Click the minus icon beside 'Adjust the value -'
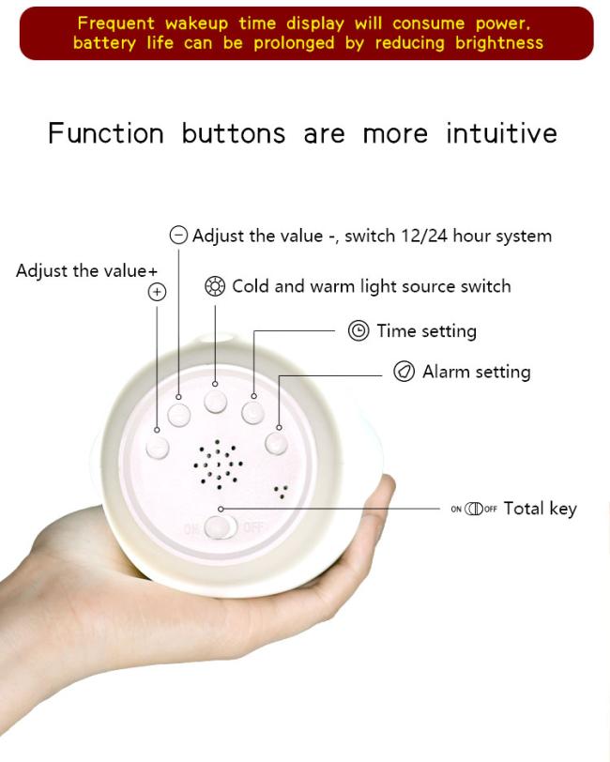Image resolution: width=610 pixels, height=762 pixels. tap(178, 236)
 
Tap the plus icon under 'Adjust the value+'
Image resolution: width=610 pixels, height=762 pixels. tap(157, 292)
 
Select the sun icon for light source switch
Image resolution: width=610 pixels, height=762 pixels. tap(215, 286)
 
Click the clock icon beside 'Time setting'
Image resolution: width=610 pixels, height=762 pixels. tap(358, 331)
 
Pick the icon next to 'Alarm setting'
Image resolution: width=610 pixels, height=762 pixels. tap(404, 372)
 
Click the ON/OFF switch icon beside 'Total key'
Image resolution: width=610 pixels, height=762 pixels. tap(474, 509)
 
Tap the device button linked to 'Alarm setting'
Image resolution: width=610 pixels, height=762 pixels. tap(276, 443)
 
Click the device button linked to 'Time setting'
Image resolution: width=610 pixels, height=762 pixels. tap(252, 413)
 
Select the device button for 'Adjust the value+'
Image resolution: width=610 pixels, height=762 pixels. tap(158, 448)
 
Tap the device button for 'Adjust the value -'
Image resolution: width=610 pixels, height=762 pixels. tap(179, 416)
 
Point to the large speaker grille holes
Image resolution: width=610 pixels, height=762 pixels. tap(219, 465)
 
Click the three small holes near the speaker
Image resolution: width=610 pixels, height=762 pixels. tap(281, 492)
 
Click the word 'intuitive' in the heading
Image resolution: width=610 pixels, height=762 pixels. tap(502, 132)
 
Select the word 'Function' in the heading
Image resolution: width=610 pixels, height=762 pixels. tap(106, 133)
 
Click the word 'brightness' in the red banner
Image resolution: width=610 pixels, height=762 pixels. tap(499, 43)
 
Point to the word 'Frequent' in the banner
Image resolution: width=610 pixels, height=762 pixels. tap(116, 23)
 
